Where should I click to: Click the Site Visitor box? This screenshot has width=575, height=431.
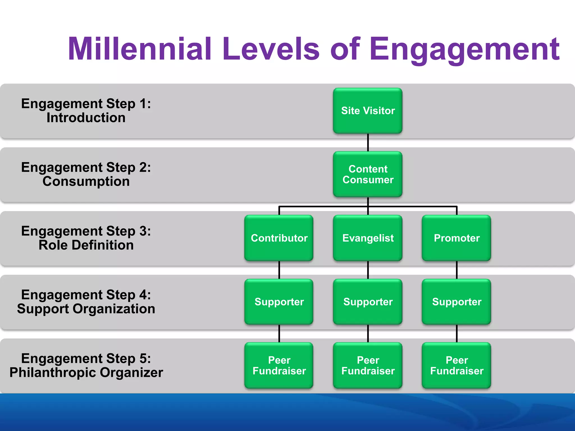(368, 111)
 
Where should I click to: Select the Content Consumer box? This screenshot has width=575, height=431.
(368, 174)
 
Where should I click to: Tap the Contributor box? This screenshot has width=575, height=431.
(279, 238)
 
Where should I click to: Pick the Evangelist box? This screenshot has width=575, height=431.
(368, 238)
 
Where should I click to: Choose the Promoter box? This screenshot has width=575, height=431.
(457, 238)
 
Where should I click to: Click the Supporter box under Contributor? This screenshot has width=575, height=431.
(279, 302)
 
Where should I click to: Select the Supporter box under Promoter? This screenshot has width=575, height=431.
(457, 302)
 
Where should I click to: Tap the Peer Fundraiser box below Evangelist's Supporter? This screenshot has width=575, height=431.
(368, 365)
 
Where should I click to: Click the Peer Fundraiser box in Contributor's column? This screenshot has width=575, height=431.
(279, 365)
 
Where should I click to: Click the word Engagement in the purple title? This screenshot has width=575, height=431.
(465, 49)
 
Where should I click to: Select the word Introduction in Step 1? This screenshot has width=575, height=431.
(86, 118)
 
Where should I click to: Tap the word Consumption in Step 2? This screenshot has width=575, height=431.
(86, 181)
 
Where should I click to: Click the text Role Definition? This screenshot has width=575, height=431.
(86, 245)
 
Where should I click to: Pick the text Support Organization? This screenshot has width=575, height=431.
(86, 309)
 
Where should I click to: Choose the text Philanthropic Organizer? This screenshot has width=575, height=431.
(86, 373)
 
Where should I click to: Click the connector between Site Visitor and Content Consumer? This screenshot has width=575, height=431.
(368, 143)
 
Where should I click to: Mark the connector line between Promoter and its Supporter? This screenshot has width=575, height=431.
(457, 270)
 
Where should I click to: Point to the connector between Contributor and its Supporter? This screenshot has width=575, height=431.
(279, 270)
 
